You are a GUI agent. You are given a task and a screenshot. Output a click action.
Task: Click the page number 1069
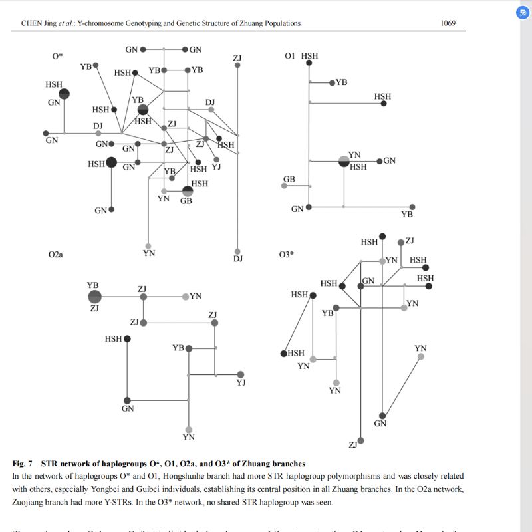(x=448, y=23)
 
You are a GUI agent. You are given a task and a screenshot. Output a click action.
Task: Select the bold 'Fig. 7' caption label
(x=22, y=464)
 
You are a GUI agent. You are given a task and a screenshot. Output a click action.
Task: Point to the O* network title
(x=57, y=56)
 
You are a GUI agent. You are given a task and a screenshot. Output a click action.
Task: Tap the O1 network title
(x=289, y=56)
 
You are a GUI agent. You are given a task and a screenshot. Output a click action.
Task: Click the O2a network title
(x=56, y=254)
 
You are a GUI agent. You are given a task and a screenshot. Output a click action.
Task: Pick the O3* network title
(x=287, y=254)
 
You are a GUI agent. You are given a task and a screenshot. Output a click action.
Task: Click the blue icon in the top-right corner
(x=521, y=13)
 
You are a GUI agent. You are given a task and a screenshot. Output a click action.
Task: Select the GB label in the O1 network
(x=289, y=180)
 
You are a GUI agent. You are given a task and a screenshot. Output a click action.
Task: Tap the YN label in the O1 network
(x=354, y=155)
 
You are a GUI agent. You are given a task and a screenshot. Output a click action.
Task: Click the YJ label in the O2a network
(x=241, y=382)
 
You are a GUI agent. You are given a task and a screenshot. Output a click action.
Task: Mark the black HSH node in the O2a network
(x=127, y=338)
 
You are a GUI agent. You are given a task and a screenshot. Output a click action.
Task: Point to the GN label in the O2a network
(x=128, y=408)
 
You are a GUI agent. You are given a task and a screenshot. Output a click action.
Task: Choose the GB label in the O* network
(x=186, y=201)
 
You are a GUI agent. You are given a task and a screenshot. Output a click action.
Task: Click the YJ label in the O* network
(x=216, y=167)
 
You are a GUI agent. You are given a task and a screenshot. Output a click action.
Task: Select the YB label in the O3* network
(x=327, y=313)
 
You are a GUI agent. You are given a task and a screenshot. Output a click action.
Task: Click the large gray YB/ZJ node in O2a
(x=94, y=297)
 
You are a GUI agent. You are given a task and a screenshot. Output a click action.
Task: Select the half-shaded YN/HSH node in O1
(x=344, y=160)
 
